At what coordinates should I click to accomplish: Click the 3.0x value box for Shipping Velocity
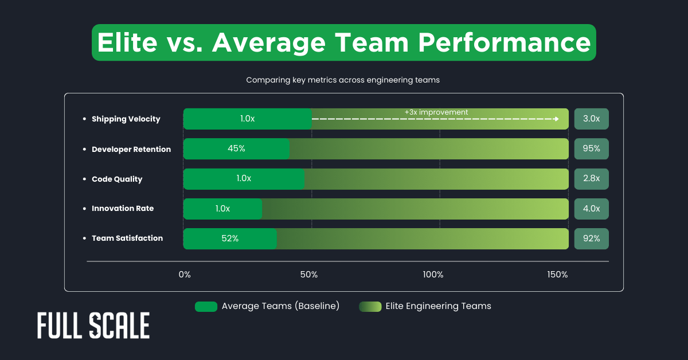coord(591,119)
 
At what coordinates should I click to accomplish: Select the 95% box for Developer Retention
coord(591,148)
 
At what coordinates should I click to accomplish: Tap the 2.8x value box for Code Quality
coord(591,179)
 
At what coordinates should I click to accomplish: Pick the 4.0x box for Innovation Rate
coord(591,209)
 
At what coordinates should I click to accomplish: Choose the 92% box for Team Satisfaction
coord(591,238)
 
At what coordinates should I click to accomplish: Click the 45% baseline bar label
coord(236,148)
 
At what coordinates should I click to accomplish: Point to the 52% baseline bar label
coord(230,238)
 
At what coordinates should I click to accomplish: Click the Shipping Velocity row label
coord(126,119)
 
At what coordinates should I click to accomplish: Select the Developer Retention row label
coord(131,149)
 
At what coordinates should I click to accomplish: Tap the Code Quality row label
coord(116,179)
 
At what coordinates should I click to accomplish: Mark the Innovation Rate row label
coord(122,209)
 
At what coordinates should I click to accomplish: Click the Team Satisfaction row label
coord(127,238)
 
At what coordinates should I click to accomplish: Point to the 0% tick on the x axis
coord(185,275)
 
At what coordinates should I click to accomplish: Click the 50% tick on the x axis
coord(309,275)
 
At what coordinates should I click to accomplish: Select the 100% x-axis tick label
coord(433,275)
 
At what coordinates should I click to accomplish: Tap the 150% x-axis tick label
coord(557,275)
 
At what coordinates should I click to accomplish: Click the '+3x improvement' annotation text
coord(436,112)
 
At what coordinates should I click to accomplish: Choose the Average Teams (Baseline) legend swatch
coord(206,306)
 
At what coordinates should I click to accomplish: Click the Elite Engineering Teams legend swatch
coord(370,306)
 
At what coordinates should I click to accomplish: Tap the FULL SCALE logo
coord(93,326)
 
